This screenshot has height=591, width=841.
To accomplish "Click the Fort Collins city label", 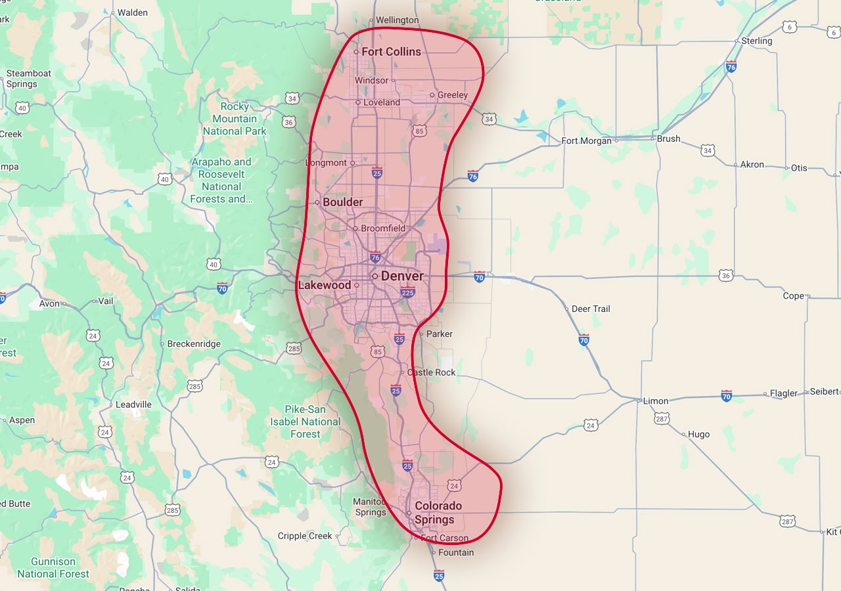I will click(x=391, y=51).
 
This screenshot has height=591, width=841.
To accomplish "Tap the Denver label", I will click(x=402, y=276).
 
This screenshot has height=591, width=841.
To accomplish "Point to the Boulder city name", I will click(x=342, y=202).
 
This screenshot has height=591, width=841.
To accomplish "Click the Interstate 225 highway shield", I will click(x=408, y=292).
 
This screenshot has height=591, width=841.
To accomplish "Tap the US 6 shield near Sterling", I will click(x=790, y=27).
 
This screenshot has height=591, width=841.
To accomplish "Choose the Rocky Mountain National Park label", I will click(x=235, y=119).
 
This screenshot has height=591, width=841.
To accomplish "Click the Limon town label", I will click(x=656, y=401).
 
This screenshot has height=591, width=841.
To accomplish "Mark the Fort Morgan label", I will click(x=586, y=141).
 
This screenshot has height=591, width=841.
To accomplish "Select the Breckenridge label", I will click(x=194, y=343).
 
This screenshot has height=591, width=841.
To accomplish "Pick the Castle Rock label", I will click(x=431, y=372).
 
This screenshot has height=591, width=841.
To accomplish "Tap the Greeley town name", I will click(x=453, y=95).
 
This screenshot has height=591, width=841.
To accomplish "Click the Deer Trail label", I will click(x=591, y=309).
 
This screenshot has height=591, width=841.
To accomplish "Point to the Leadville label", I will click(x=133, y=405).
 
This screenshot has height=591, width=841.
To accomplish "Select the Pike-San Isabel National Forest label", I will click(x=306, y=422).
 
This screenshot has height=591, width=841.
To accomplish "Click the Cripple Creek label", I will click(x=305, y=536).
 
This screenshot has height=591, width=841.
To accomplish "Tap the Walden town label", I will click(x=132, y=12).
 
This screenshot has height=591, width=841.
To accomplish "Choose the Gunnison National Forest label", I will click(x=53, y=567).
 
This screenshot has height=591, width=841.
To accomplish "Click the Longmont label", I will click(x=326, y=163).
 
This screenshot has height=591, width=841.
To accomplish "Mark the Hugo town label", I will click(x=698, y=434).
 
